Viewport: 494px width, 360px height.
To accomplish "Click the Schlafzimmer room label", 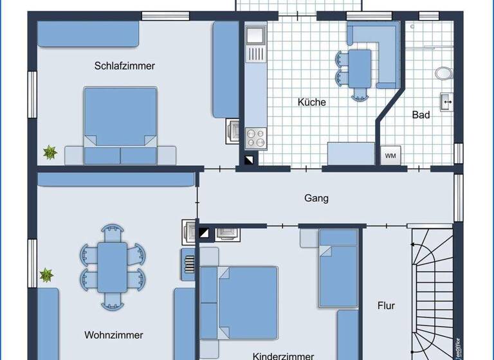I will (x=124, y=66).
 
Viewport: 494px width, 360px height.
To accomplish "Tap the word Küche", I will (x=311, y=102).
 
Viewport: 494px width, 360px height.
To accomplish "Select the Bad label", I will (x=421, y=115).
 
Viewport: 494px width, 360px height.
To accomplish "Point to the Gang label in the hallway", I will (x=316, y=198).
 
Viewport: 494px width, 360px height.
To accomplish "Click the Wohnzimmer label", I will (x=113, y=335).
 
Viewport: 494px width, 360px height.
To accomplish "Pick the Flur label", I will (x=386, y=305).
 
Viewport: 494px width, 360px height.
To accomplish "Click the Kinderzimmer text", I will (x=283, y=355).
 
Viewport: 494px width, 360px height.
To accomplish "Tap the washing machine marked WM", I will (x=390, y=156).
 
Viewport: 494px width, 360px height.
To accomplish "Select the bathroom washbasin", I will (x=446, y=101).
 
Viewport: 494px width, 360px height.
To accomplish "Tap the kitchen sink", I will (x=255, y=35).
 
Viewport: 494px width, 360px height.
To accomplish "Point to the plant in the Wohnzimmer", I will (x=46, y=276).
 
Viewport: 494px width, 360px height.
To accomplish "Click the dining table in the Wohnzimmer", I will (x=113, y=265).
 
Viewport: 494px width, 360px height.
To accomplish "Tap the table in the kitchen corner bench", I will (x=360, y=68).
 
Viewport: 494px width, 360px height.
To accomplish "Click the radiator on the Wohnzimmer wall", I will (x=188, y=264).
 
